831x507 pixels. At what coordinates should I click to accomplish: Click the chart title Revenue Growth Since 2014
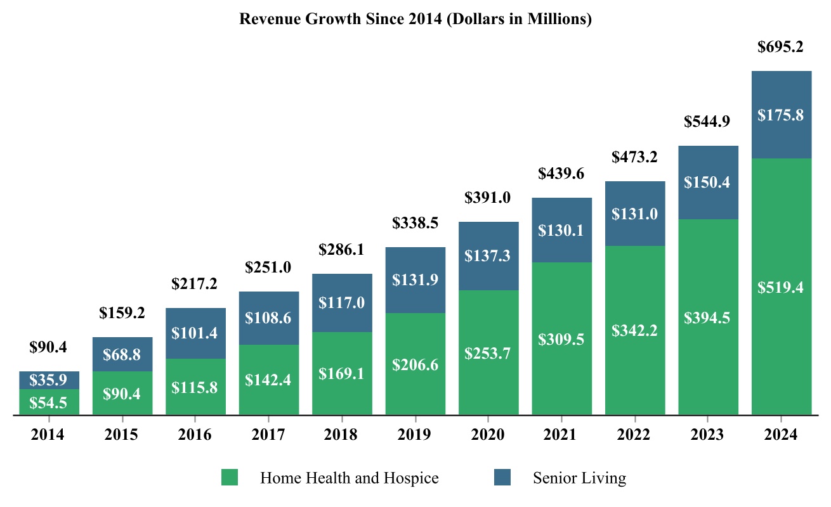(x=415, y=20)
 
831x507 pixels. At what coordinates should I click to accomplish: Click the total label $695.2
(x=781, y=46)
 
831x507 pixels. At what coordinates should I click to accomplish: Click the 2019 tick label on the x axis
(x=415, y=435)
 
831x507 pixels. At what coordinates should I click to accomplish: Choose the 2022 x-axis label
(x=634, y=435)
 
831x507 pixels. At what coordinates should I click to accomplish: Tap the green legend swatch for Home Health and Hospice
(x=229, y=477)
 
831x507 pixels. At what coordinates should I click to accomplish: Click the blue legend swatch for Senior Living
(x=502, y=477)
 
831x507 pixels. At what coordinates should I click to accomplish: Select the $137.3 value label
(x=488, y=256)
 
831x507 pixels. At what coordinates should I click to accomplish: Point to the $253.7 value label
(x=488, y=354)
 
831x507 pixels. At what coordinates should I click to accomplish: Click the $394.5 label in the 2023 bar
(x=708, y=318)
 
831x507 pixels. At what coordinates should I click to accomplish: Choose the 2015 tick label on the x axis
(x=122, y=435)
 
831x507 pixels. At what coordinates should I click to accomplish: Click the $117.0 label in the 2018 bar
(x=341, y=303)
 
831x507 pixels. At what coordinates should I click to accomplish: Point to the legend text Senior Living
(x=579, y=478)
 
